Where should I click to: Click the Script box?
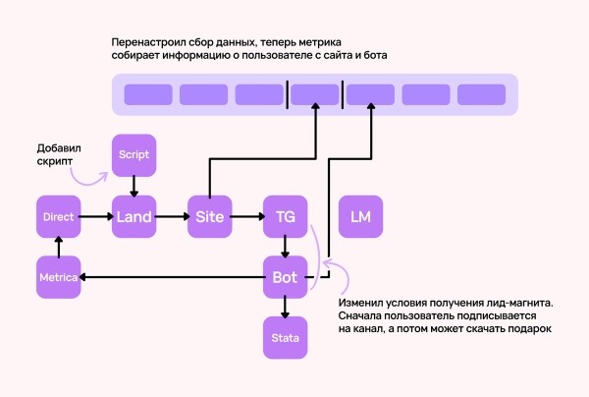click(x=134, y=155)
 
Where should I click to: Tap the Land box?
click(x=134, y=216)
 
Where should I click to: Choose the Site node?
click(x=209, y=216)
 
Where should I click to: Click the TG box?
click(x=285, y=216)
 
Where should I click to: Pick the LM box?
click(x=360, y=216)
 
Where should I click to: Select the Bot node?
click(x=285, y=278)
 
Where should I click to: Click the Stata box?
click(x=285, y=338)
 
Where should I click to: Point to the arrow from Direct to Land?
click(x=96, y=216)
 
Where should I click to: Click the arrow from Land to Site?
click(x=172, y=216)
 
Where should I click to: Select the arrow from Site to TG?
click(x=247, y=216)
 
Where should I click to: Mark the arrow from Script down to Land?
click(x=134, y=186)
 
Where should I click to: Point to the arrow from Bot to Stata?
click(x=285, y=308)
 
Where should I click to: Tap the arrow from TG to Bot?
click(x=285, y=247)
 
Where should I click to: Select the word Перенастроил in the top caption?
click(x=158, y=41)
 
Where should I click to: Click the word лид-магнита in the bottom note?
click(x=510, y=302)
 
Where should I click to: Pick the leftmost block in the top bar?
click(x=147, y=95)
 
